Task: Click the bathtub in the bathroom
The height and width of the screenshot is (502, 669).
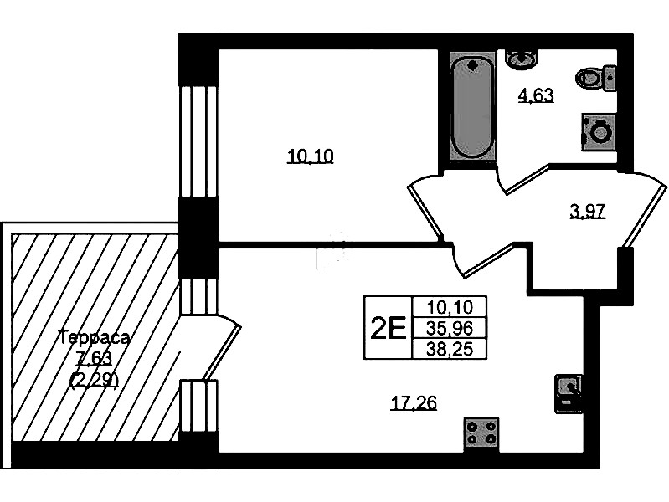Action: click(x=471, y=106)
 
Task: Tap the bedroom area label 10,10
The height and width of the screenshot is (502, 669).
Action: click(x=310, y=156)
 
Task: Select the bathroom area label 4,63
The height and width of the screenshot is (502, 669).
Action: click(x=536, y=95)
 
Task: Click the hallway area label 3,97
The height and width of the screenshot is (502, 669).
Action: click(x=587, y=211)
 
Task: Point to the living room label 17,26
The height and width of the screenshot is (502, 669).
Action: click(x=414, y=404)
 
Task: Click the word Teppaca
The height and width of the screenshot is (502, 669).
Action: click(x=94, y=338)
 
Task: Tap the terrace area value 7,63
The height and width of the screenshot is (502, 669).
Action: click(x=93, y=359)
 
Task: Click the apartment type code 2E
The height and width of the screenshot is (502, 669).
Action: click(x=388, y=328)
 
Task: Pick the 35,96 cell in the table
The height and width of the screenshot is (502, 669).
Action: click(x=450, y=328)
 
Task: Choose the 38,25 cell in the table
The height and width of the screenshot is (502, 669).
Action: click(x=450, y=349)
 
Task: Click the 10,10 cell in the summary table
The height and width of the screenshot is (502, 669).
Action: click(x=450, y=307)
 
